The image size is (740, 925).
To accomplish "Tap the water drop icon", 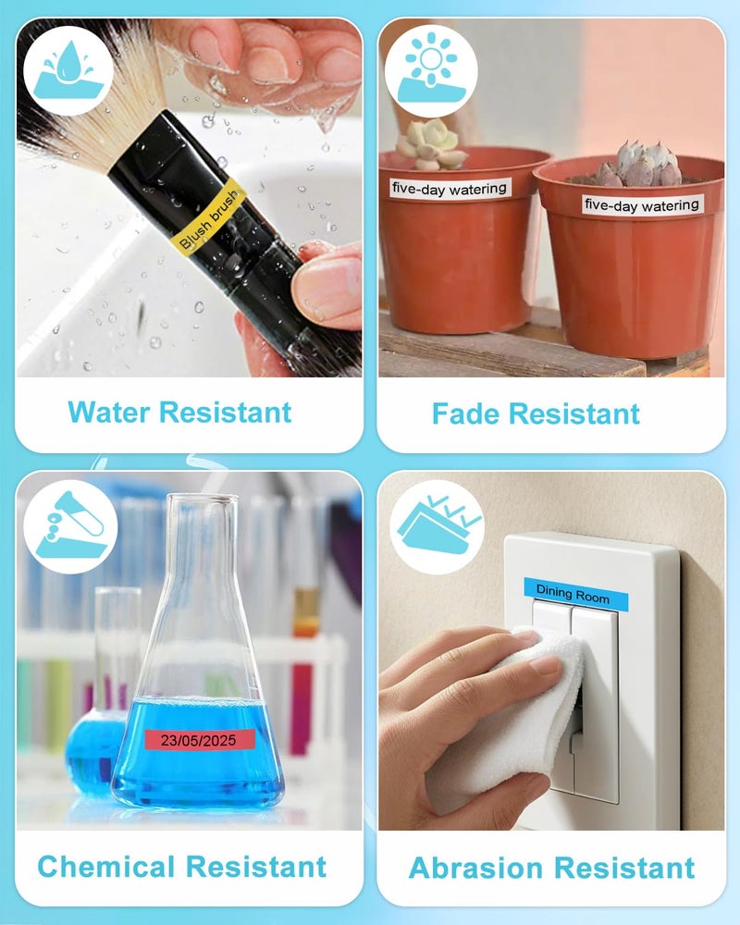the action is pyautogui.click(x=68, y=70).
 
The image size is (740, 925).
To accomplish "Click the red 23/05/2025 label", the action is pyautogui.click(x=200, y=740).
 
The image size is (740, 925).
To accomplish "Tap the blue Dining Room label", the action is pyautogui.click(x=575, y=594).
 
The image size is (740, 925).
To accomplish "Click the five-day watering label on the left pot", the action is pyautogui.click(x=450, y=189).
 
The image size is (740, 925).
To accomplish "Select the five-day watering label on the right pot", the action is pyautogui.click(x=642, y=204).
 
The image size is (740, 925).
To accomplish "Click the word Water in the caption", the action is pyautogui.click(x=108, y=412).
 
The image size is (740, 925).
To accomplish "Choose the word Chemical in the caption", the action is pyautogui.click(x=106, y=867).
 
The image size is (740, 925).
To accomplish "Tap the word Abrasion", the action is pyautogui.click(x=475, y=868).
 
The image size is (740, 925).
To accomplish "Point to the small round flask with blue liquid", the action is pyautogui.click(x=94, y=752).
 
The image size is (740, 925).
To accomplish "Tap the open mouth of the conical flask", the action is pyautogui.click(x=203, y=499).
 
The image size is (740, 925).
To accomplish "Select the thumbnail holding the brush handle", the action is pyautogui.click(x=328, y=283).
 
